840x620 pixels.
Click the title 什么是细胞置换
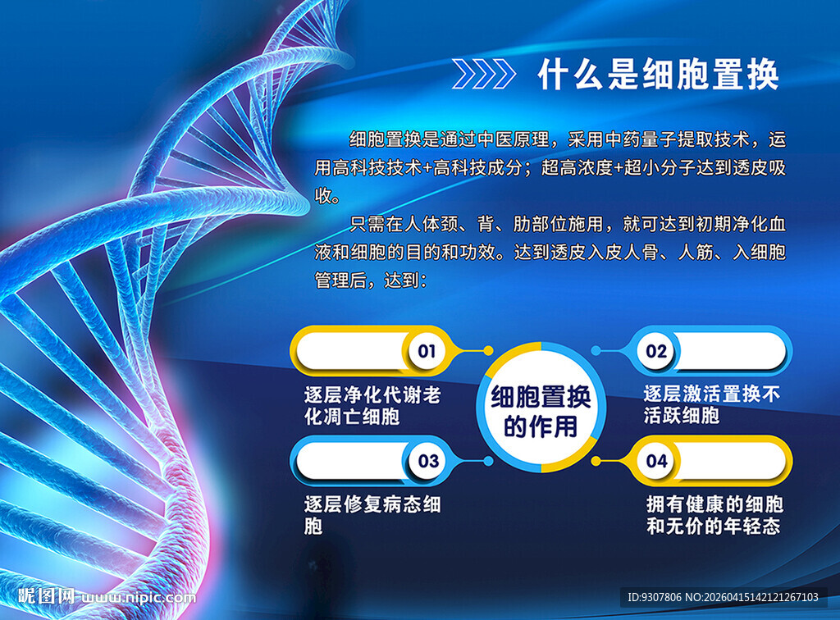658,75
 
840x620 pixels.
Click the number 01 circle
427,352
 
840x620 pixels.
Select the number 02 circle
656,352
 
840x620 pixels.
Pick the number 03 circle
428,461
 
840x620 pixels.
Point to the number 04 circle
657,461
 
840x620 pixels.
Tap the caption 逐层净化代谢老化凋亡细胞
372,405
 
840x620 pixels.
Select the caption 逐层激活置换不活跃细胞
711,404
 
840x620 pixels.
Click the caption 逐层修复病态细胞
372,514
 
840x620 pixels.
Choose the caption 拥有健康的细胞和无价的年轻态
713,514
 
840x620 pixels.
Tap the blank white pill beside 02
730,352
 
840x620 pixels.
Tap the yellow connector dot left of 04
596,461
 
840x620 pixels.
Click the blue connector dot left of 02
596,351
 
